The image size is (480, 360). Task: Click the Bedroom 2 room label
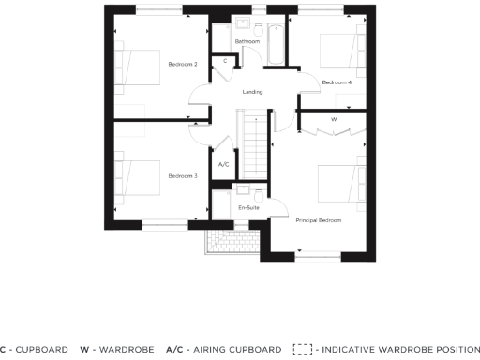tap(182, 64)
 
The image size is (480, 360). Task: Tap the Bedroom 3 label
tap(182, 175)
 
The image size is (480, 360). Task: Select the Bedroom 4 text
tap(337, 82)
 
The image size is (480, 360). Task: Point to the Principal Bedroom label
tap(318, 220)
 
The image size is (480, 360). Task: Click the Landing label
tap(252, 92)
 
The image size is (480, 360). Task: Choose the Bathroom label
tap(247, 42)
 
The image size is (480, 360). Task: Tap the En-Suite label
tap(248, 206)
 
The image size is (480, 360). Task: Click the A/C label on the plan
tap(223, 165)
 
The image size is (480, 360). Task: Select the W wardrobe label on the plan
tap(334, 120)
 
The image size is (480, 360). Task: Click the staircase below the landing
tap(252, 141)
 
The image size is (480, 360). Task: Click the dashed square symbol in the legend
tap(302, 349)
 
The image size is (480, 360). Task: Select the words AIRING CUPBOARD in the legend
tap(233, 349)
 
